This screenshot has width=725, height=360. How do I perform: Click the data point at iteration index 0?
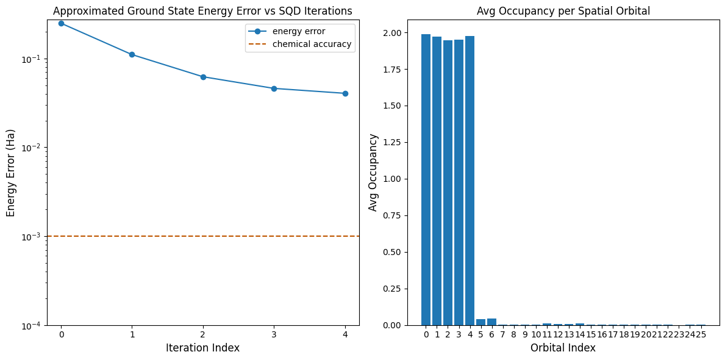(x=61, y=23)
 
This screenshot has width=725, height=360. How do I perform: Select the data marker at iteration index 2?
(x=203, y=77)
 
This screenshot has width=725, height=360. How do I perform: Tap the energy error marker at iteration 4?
(x=345, y=93)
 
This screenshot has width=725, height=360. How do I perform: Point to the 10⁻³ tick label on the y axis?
(x=32, y=236)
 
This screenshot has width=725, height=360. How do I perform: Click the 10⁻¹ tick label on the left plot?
(x=32, y=59)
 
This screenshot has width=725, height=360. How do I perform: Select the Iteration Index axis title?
(x=202, y=348)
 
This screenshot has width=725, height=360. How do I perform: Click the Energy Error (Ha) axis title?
(x=11, y=173)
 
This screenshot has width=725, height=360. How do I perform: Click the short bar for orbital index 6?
(x=491, y=322)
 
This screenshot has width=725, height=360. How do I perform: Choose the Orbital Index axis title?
(x=563, y=348)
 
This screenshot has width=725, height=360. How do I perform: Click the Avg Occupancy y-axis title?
(x=373, y=173)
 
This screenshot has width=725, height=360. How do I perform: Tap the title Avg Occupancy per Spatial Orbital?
(x=563, y=10)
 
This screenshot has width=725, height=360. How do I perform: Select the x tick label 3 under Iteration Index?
(x=274, y=334)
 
